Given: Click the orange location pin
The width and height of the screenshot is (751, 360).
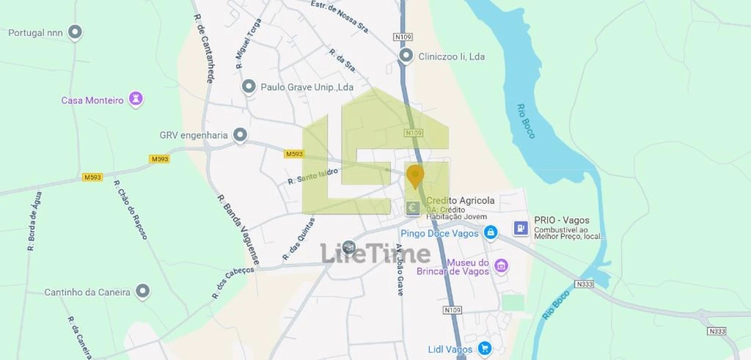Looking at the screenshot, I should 415,175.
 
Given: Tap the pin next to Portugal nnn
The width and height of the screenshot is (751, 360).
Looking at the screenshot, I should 75,32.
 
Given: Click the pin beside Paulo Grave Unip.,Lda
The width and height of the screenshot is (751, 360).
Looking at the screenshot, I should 249,87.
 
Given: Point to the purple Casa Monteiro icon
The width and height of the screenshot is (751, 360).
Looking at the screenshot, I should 135,99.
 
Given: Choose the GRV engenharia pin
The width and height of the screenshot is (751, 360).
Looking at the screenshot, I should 240,135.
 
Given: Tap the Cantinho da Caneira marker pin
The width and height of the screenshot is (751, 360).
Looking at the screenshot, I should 143,291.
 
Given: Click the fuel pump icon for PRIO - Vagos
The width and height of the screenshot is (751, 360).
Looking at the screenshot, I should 521,228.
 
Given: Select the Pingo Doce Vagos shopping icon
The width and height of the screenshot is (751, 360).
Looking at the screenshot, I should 490,232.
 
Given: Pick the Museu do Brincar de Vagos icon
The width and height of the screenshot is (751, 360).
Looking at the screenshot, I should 501,266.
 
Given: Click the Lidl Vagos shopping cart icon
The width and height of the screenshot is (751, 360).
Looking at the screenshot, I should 483,348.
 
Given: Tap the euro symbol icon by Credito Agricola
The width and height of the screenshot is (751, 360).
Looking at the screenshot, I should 413,207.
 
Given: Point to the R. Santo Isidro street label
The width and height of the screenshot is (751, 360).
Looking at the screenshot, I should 313,176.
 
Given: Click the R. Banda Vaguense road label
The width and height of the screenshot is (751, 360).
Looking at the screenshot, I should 238,229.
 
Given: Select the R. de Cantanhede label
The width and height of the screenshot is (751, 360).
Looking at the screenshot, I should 204,48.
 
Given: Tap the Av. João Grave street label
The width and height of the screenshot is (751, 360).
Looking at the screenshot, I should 399,269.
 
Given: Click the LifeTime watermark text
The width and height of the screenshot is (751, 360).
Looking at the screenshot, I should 375,253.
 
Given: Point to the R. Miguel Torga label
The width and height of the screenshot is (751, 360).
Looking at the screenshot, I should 249,44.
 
